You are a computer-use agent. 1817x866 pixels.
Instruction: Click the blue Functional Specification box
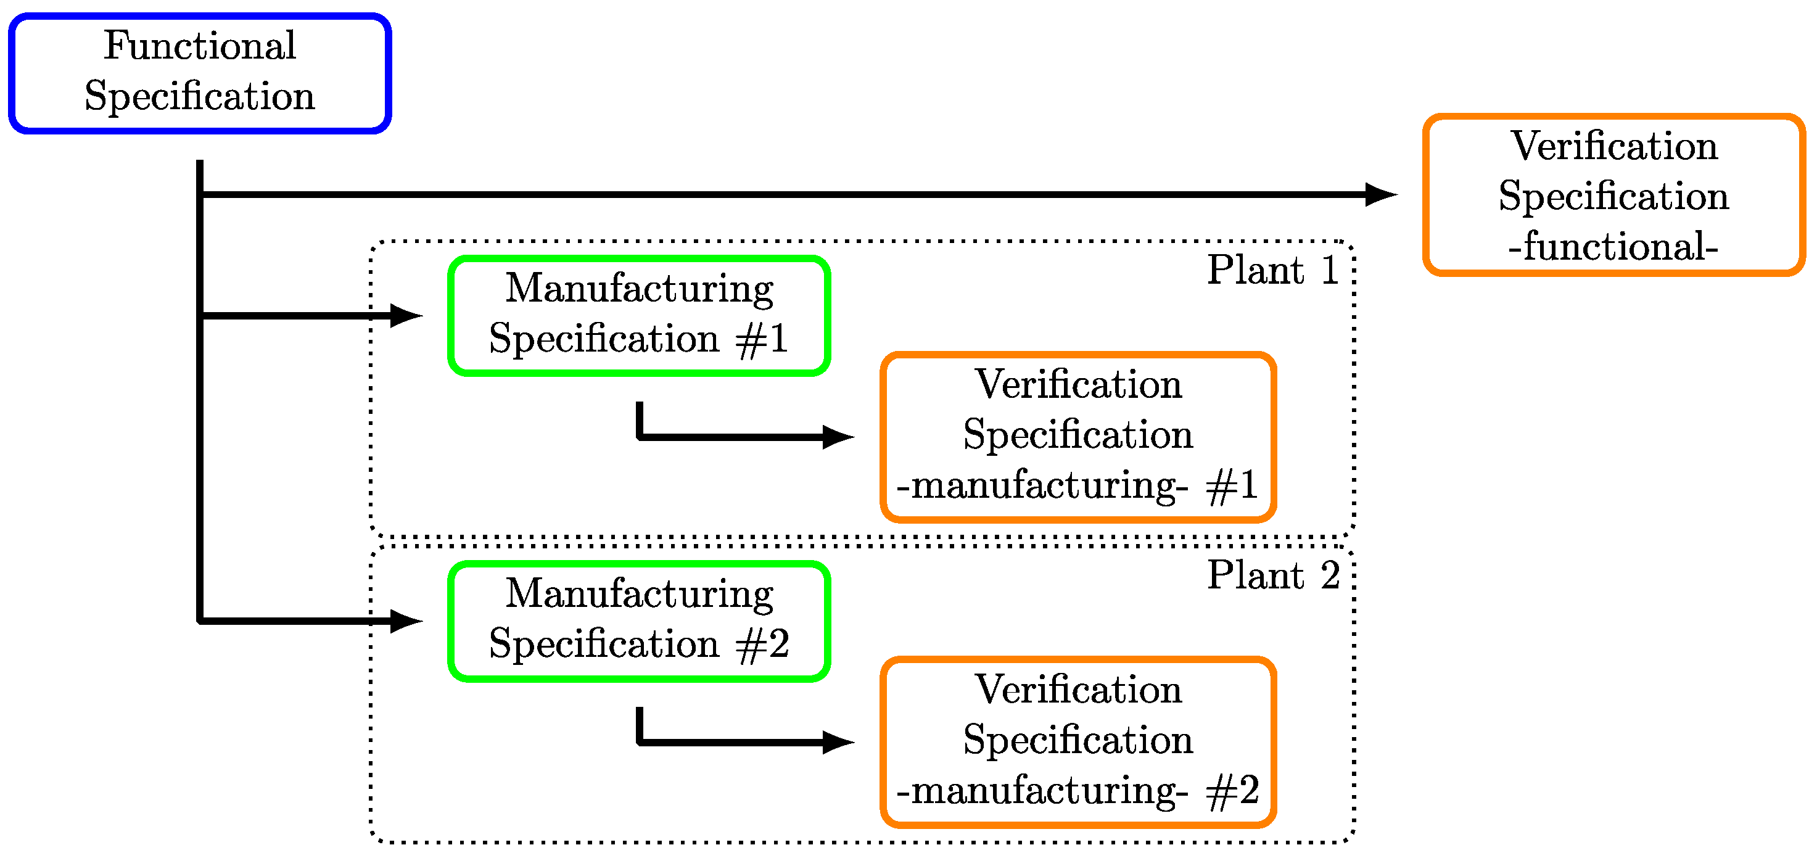(200, 73)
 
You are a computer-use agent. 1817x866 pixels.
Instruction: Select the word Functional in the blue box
(200, 46)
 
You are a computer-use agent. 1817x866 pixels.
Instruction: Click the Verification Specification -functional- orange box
(1613, 196)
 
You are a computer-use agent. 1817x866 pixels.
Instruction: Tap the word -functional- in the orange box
(1613, 247)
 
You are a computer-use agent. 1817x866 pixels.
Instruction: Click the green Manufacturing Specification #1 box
(639, 315)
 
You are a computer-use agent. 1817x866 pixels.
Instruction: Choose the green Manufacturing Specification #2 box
(639, 621)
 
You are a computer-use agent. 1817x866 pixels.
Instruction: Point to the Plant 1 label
(1273, 270)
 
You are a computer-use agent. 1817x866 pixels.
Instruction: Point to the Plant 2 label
(1273, 575)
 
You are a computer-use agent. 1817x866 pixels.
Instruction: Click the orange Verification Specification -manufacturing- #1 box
(1077, 437)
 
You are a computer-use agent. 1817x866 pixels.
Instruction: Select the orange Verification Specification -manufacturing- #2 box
(1077, 742)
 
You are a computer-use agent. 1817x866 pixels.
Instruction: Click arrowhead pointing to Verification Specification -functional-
(1381, 195)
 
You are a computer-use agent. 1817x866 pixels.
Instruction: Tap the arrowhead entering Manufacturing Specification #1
(407, 315)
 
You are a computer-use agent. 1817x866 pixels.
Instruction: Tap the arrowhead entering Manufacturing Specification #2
(407, 621)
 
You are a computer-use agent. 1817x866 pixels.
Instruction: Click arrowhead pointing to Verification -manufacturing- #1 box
(839, 437)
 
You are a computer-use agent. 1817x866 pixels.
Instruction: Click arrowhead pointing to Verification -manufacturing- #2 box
(839, 742)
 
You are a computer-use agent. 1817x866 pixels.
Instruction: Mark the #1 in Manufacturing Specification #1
(762, 340)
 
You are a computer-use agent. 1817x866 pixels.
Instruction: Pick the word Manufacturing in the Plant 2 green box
(639, 594)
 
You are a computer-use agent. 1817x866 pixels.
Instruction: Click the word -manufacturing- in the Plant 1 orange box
(1042, 486)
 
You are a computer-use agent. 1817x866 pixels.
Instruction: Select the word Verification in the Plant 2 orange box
(1077, 690)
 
